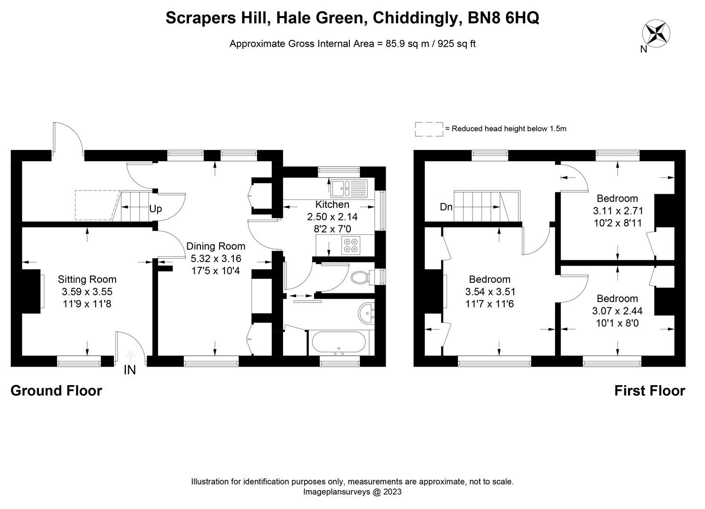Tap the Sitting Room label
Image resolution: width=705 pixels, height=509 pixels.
[x=87, y=279]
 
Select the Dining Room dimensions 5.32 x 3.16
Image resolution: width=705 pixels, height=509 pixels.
[x=216, y=258]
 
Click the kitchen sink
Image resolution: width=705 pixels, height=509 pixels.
[x=348, y=188]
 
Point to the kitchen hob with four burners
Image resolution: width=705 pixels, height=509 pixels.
[x=350, y=245]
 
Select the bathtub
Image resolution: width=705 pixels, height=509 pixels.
[x=337, y=343]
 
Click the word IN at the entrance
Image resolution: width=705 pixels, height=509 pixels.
[x=130, y=370]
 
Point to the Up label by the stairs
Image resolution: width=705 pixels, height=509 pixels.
[x=156, y=209]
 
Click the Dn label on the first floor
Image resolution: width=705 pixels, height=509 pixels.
[x=446, y=207]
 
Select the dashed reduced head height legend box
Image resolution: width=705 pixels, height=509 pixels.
[x=429, y=129]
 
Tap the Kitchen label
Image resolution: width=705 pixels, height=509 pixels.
[x=332, y=205]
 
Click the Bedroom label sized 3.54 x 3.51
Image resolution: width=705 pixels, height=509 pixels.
[x=489, y=279]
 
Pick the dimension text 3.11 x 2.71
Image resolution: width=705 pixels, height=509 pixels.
[x=618, y=211]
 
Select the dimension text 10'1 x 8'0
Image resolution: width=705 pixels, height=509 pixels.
[x=617, y=323]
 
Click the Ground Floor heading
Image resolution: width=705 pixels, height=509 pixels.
[x=56, y=391]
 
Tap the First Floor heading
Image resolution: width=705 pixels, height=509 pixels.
[x=649, y=391]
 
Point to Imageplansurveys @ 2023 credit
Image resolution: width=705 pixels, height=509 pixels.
[x=352, y=492]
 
